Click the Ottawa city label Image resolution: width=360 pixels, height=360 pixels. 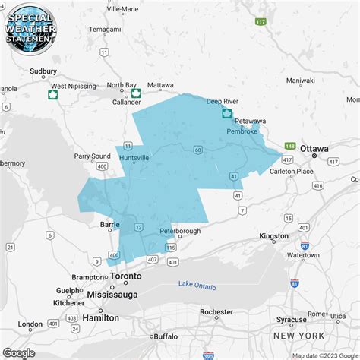(x=314, y=148)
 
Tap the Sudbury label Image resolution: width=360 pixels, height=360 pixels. (x=43, y=71)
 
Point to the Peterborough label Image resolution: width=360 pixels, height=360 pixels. (x=180, y=231)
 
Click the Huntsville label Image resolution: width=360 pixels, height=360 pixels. (x=134, y=157)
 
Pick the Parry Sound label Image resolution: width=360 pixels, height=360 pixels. (x=92, y=156)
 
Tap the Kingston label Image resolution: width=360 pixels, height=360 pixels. (x=274, y=236)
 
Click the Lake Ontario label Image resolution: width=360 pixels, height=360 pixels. (x=197, y=286)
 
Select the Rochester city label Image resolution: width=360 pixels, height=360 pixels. (x=216, y=311)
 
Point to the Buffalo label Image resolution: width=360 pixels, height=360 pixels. (x=165, y=336)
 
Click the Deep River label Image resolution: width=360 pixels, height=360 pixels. (x=223, y=100)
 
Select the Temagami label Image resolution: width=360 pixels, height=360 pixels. (x=105, y=29)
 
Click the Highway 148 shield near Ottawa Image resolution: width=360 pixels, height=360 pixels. (x=289, y=146)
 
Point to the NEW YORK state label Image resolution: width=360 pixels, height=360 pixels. (x=298, y=336)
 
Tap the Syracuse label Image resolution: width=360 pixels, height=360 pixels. (x=291, y=319)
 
